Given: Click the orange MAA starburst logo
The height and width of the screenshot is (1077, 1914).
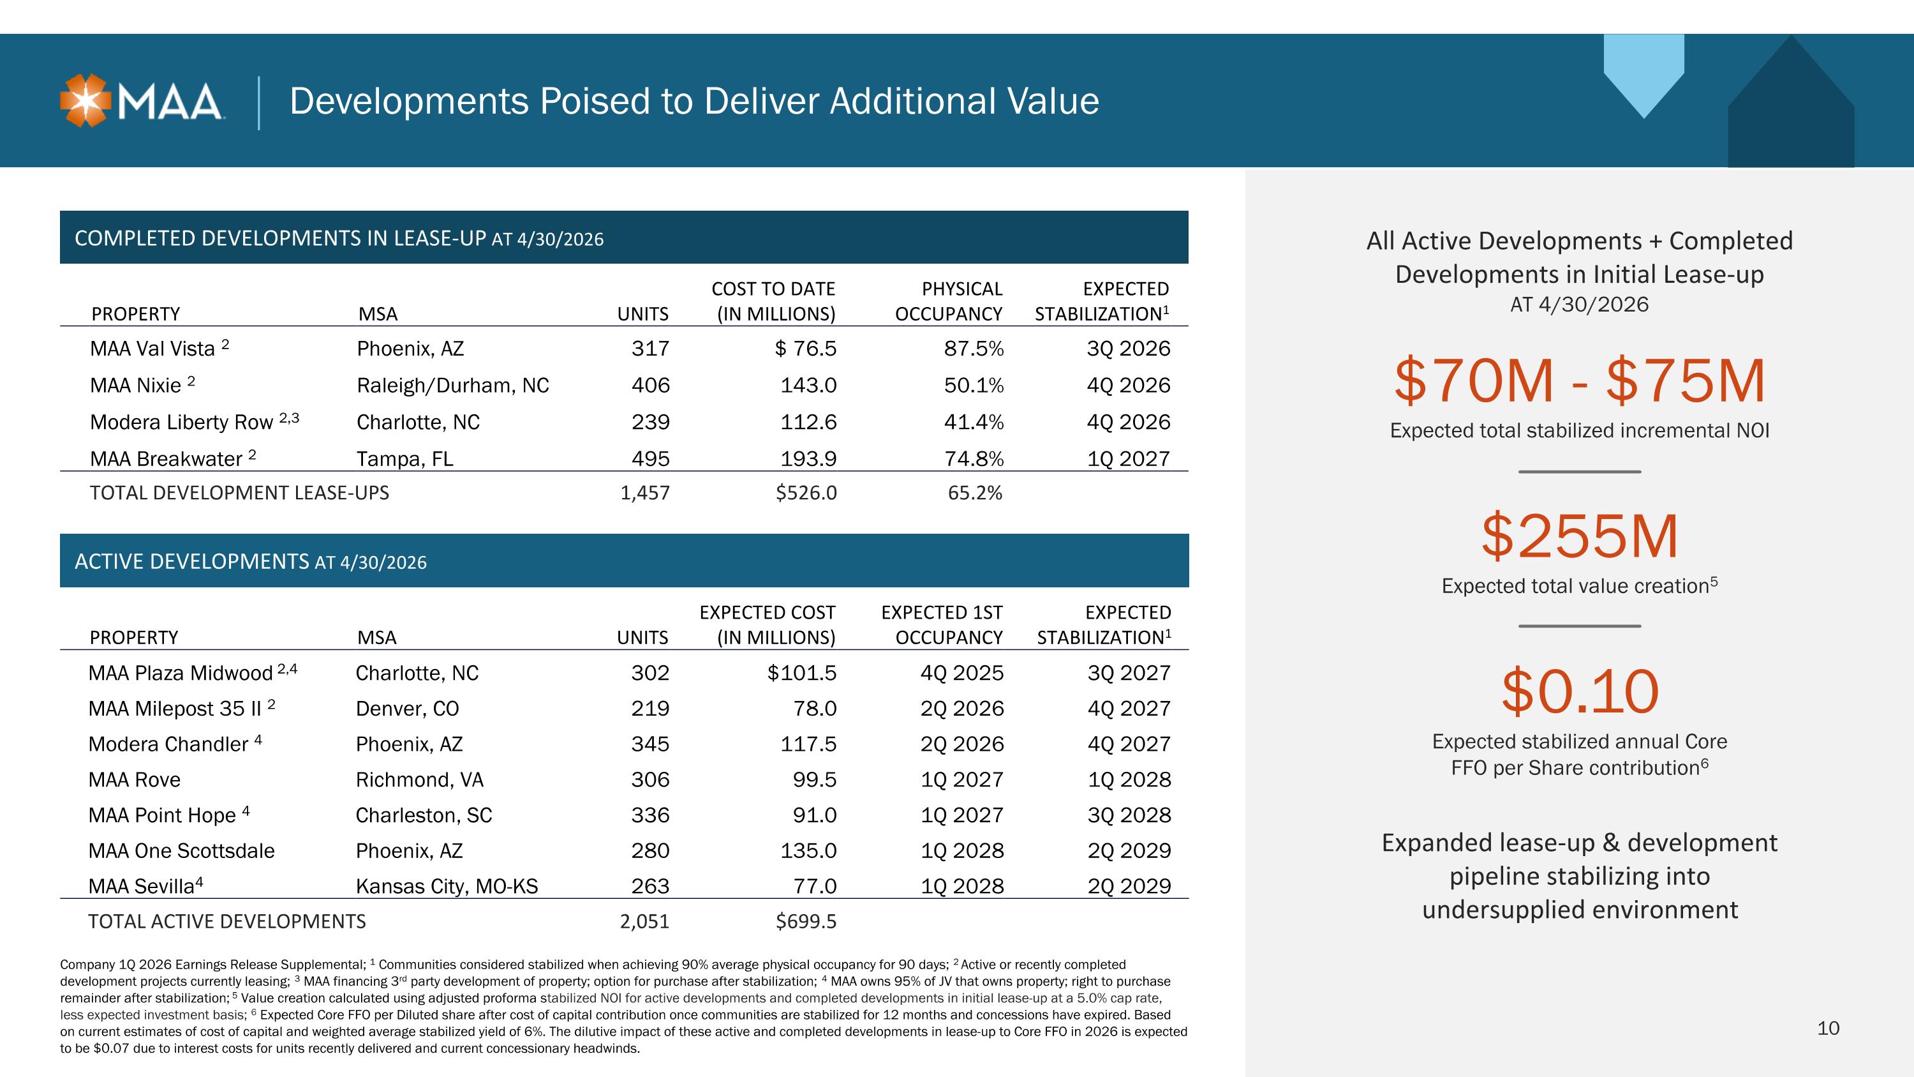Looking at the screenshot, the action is click(x=85, y=100).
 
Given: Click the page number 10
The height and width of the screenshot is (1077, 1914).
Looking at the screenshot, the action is click(x=1828, y=1028).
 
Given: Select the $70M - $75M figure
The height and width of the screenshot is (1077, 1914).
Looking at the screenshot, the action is click(x=1580, y=380).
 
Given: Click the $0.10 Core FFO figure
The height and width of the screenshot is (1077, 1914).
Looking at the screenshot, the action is click(x=1580, y=691).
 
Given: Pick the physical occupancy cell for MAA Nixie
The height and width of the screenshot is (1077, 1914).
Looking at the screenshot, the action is click(x=974, y=385).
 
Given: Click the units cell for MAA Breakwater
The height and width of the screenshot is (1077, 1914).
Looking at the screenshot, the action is click(x=650, y=458).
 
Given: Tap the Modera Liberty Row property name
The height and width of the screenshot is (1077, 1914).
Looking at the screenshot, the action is click(x=181, y=422).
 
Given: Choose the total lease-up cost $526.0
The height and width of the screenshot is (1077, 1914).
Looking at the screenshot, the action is click(x=806, y=493).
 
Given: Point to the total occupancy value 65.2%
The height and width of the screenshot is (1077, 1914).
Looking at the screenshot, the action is click(x=975, y=493).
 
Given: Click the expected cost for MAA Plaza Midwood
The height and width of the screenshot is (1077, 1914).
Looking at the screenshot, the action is click(x=802, y=673).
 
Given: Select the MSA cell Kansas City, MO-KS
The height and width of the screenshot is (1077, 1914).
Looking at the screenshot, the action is click(x=447, y=886).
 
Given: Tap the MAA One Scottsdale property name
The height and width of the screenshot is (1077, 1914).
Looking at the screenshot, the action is click(x=181, y=850).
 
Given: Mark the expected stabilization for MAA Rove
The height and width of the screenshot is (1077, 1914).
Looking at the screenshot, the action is click(x=1129, y=780).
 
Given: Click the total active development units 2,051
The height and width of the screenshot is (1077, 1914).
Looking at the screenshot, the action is click(x=645, y=922).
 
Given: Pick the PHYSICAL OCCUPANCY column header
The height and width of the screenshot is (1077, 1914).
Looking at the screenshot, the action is click(x=949, y=301).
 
